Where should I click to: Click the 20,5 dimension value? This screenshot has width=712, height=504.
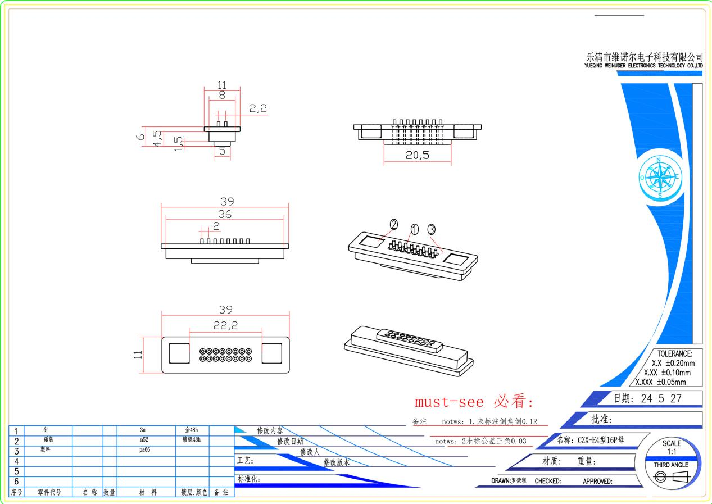[x=418, y=155]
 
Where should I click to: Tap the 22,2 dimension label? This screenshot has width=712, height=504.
[x=225, y=325]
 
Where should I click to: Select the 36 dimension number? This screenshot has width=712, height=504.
[x=225, y=214]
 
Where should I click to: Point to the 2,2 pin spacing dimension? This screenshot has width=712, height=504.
[x=258, y=108]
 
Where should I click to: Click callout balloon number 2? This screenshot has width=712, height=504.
[x=394, y=225]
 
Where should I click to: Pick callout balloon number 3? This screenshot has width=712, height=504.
[x=432, y=229]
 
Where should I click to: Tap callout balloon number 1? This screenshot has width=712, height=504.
[x=415, y=229]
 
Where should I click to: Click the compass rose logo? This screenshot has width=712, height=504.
[x=660, y=177]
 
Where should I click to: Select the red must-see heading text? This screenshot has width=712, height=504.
[x=474, y=401]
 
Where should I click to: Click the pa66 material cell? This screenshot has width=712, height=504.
[x=144, y=449]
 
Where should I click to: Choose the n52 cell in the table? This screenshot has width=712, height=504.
[x=144, y=439]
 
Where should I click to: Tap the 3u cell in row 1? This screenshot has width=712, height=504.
[x=143, y=430]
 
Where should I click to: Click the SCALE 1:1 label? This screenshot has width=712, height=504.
[x=672, y=447]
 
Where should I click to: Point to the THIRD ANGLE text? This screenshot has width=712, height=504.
[x=671, y=465]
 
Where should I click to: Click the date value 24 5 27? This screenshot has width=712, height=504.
[x=661, y=398]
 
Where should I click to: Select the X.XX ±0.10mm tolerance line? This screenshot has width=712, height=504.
[x=667, y=373]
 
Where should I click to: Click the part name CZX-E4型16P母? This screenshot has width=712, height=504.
[x=601, y=440]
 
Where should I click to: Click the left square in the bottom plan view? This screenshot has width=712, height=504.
[x=179, y=353]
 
